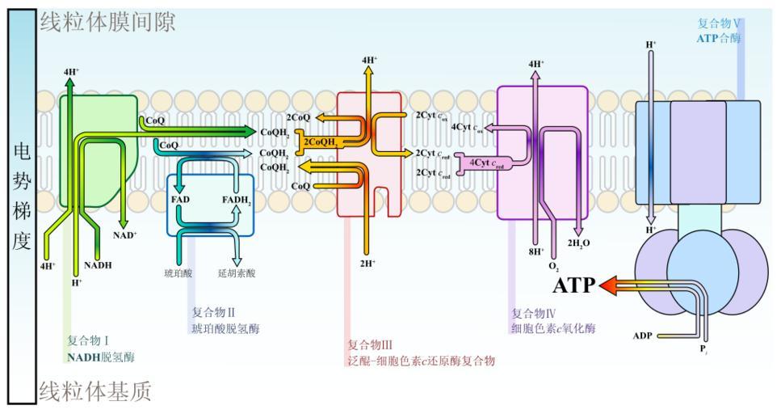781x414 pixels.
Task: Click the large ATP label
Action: (x=574, y=285)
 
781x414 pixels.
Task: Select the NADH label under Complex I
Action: (x=98, y=264)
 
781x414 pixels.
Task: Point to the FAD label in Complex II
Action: (x=180, y=198)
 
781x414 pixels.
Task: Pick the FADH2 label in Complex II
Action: (x=237, y=200)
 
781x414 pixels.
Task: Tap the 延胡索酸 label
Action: (x=237, y=273)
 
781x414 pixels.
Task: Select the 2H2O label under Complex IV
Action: (x=580, y=243)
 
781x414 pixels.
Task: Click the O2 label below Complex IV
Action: (x=554, y=265)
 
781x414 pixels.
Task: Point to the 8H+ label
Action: (x=536, y=251)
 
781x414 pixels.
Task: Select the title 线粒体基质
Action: (x=95, y=392)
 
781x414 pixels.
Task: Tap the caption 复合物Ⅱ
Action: (x=213, y=312)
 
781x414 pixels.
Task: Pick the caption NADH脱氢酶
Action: (x=101, y=356)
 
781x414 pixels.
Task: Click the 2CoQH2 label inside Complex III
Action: (x=320, y=142)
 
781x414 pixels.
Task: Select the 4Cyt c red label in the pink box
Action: (x=487, y=163)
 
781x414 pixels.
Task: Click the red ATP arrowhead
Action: (x=607, y=285)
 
